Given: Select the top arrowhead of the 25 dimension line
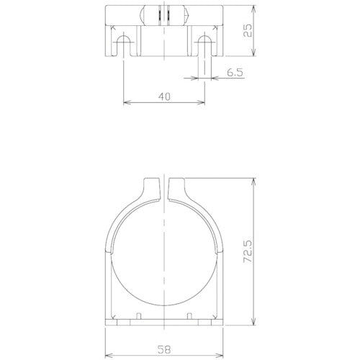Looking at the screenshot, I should (253, 9).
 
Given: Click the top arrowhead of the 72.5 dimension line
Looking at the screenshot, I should (253, 181).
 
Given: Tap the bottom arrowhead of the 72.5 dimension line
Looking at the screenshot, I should (253, 320).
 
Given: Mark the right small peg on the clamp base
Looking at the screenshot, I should (189, 317).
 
